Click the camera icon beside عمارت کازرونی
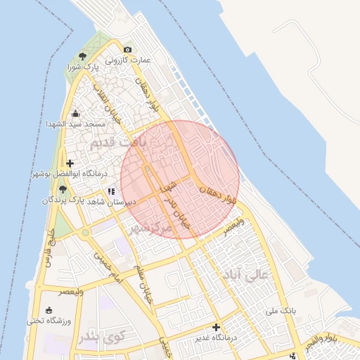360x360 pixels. coord(127,49)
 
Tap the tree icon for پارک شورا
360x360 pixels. coord(83,56)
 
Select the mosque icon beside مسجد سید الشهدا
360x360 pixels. coord(75,113)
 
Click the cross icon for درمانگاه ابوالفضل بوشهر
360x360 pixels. coord(70,163)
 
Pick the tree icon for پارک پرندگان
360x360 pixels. coord(63,189)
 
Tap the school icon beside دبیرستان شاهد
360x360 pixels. coord(111,191)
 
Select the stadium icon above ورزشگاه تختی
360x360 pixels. coord(48,310)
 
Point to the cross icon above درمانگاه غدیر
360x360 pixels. coord(216,327)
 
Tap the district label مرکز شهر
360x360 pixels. coord(150,228)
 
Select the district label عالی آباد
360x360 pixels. coord(244,274)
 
